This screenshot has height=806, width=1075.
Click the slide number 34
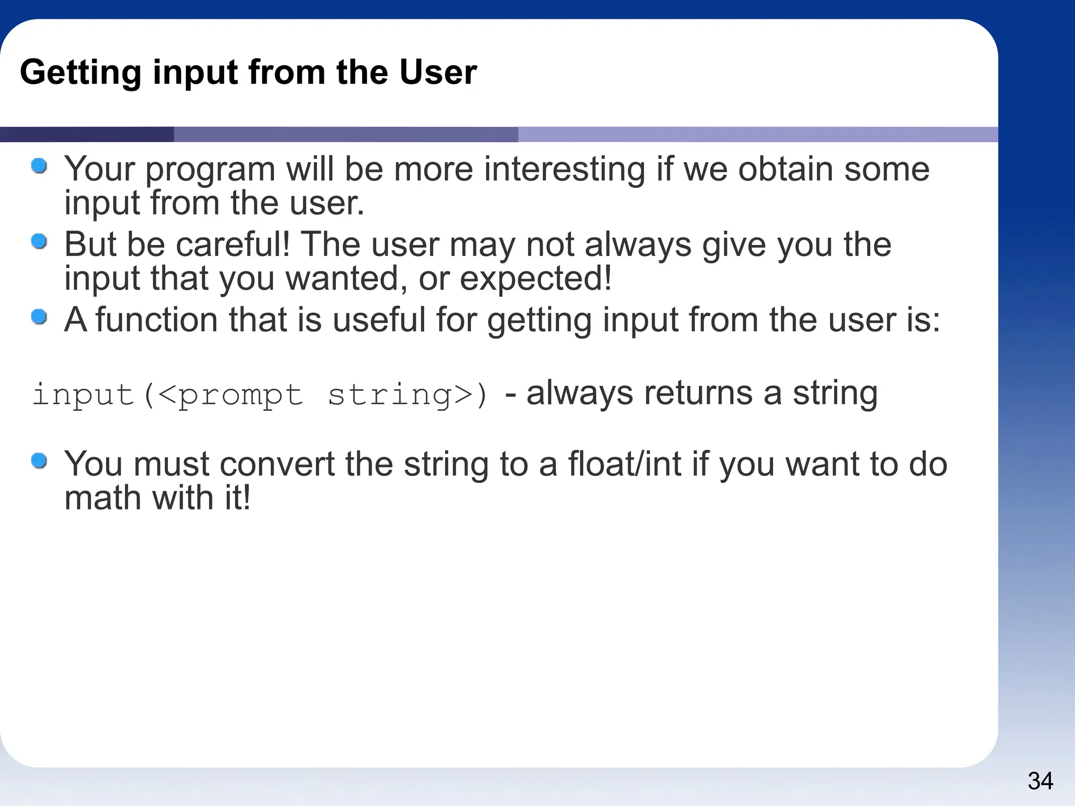pyautogui.click(x=1040, y=781)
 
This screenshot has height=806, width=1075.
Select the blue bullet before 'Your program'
pyautogui.click(x=39, y=166)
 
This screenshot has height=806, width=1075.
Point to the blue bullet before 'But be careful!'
pyautogui.click(x=39, y=242)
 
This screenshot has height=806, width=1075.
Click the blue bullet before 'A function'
pyautogui.click(x=39, y=317)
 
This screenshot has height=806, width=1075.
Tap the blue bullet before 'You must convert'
pyautogui.click(x=39, y=461)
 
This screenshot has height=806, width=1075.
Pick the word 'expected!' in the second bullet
pyautogui.click(x=536, y=278)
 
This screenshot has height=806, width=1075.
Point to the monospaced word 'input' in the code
pyautogui.click(x=83, y=395)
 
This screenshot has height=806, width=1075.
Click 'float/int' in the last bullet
pyautogui.click(x=625, y=464)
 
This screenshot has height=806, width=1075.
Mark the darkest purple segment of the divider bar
pyautogui.click(x=87, y=134)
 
